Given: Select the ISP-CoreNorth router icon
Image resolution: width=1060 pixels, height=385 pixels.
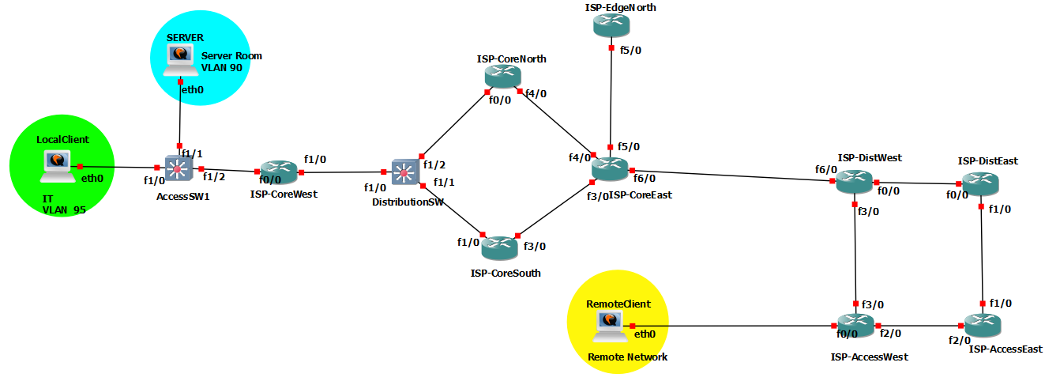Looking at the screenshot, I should point(502,77).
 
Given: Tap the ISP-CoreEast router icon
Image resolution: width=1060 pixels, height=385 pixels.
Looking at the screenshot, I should point(611,169).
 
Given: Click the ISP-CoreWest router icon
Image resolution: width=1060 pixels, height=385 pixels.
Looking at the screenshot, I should point(279,172).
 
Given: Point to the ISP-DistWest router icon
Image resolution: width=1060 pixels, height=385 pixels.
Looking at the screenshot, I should point(855,181).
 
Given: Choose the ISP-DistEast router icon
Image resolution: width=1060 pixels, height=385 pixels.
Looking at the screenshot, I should point(980,183).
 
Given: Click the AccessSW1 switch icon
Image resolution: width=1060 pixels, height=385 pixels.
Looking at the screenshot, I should point(179,168).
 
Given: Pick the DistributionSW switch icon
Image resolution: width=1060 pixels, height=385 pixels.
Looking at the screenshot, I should point(406,172).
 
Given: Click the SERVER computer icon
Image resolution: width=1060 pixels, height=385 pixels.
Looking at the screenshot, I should point(180,59).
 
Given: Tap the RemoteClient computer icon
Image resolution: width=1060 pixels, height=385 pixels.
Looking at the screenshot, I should point(610,324).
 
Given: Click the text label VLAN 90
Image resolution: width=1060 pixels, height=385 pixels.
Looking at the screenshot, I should point(222,68).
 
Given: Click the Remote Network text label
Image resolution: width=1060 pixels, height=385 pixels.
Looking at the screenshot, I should point(627,357).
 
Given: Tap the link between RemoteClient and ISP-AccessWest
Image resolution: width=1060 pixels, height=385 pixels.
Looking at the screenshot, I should point(735,326).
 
